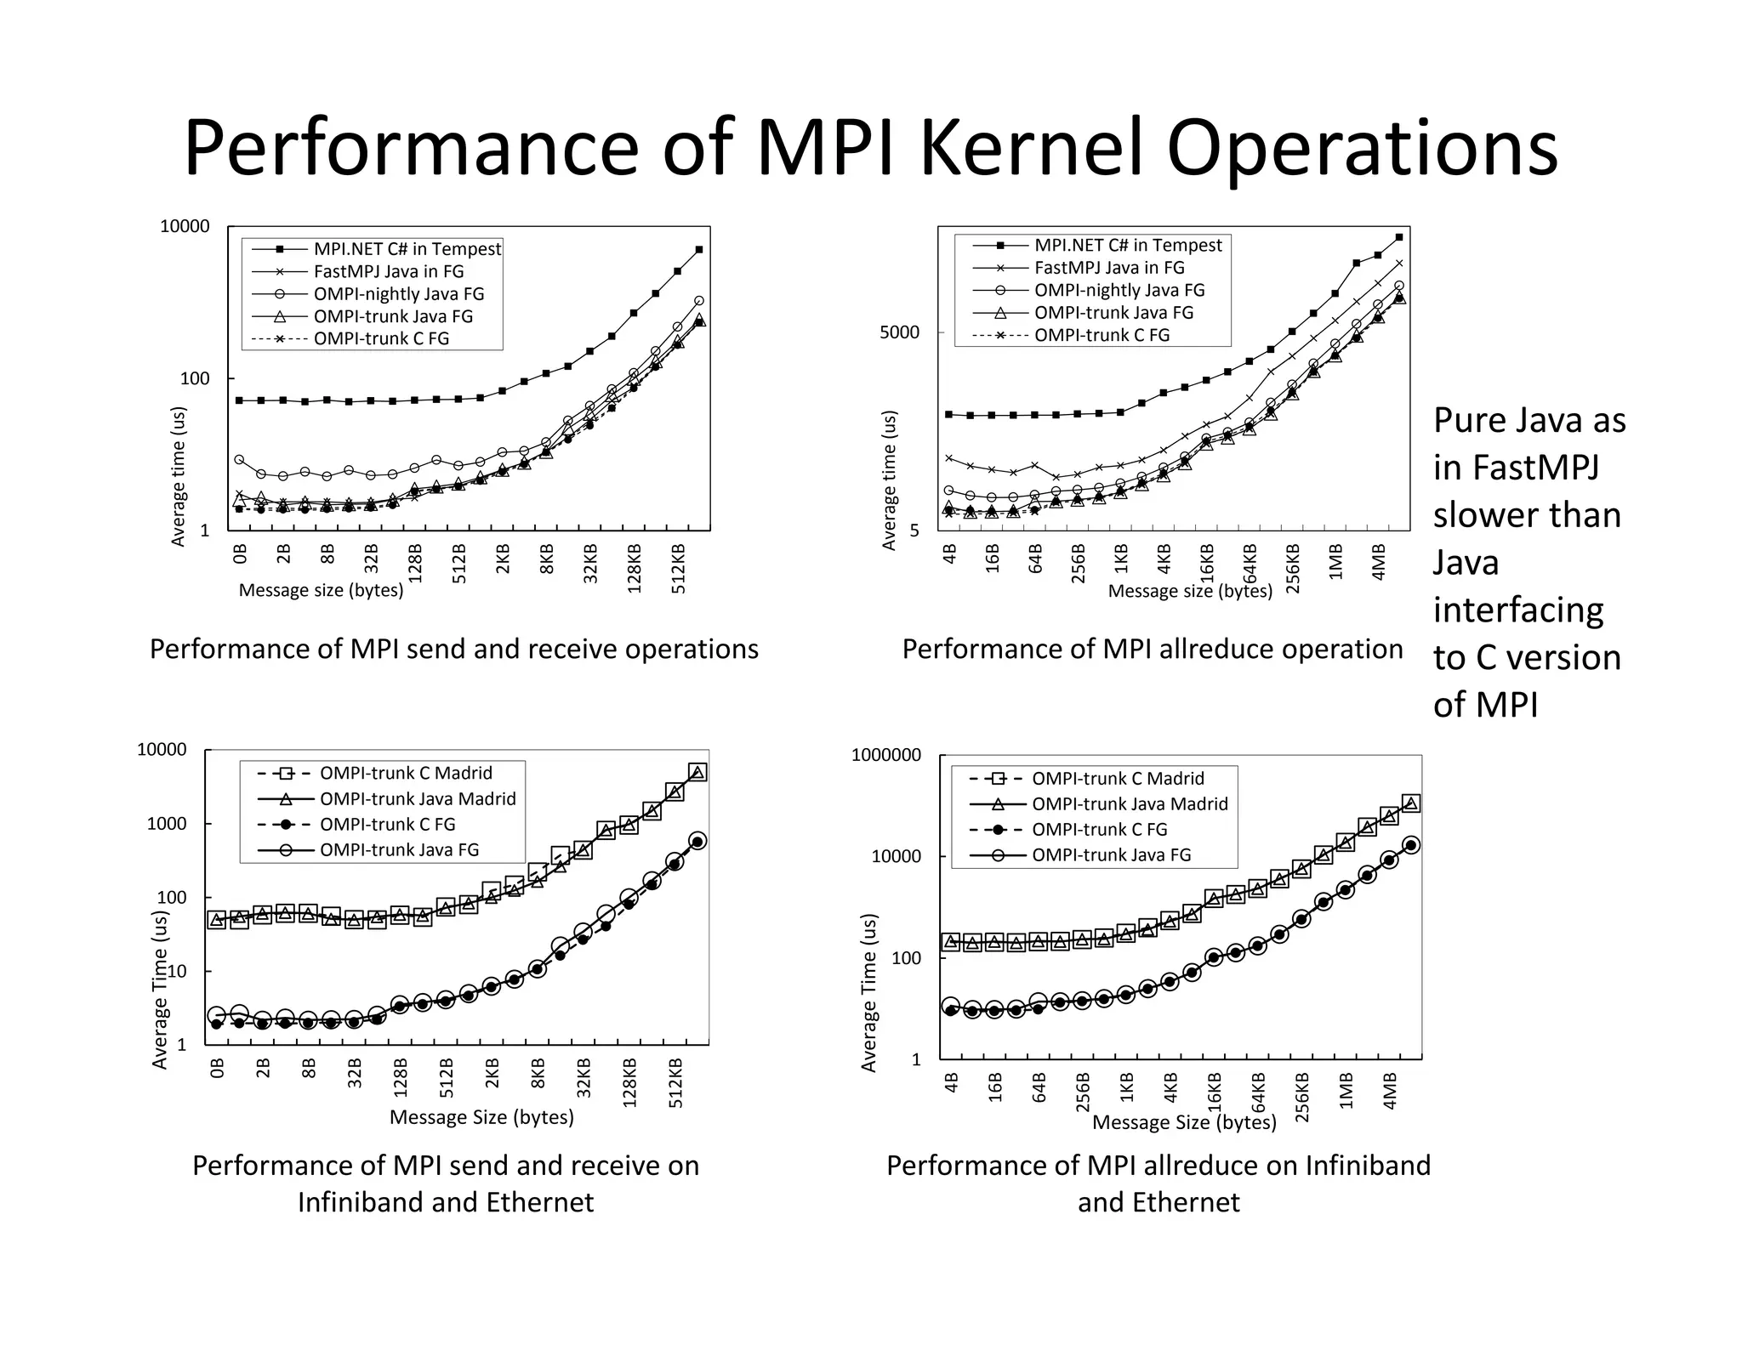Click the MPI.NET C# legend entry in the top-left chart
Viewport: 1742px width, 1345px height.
click(x=407, y=249)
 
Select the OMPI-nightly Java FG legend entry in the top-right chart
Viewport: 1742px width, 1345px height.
click(x=1119, y=291)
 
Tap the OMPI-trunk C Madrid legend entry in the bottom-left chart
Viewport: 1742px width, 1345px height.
click(x=405, y=774)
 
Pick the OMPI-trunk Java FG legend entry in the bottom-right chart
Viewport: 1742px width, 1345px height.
click(x=1111, y=855)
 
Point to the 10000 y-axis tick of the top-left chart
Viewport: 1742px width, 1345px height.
click(x=185, y=227)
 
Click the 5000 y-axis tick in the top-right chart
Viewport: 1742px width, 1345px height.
click(x=899, y=332)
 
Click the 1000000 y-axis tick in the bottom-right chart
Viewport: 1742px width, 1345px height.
click(x=885, y=755)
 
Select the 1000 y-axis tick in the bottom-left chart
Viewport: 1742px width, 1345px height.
click(x=166, y=824)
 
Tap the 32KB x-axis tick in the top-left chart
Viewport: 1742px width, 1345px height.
click(x=591, y=563)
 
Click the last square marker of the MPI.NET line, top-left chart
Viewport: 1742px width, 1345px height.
click(x=698, y=249)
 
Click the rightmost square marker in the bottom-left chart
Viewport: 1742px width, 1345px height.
click(x=697, y=773)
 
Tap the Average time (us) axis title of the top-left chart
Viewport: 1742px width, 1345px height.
click(x=179, y=476)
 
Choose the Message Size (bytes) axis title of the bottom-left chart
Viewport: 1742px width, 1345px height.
click(x=481, y=1117)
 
